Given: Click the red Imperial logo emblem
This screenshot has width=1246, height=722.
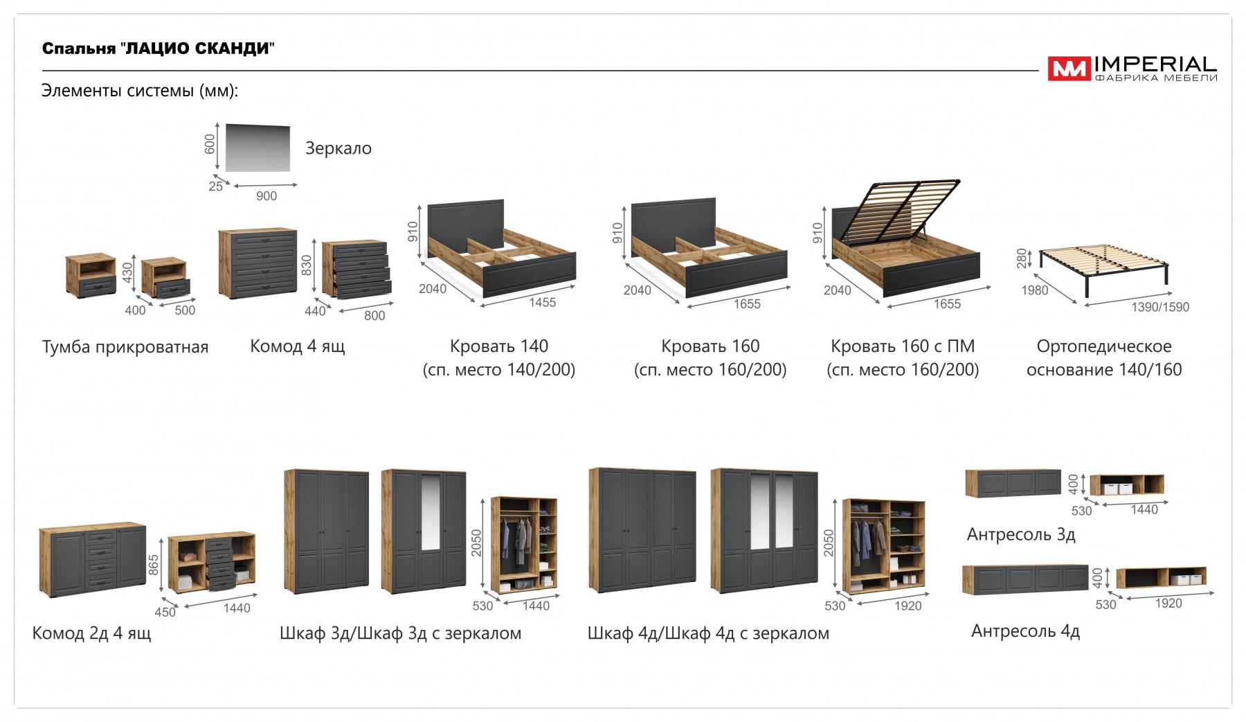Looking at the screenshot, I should click(x=1068, y=69).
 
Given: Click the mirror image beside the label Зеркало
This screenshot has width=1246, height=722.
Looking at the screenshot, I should click(x=258, y=147).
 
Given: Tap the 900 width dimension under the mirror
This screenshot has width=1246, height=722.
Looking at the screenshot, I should click(x=267, y=196).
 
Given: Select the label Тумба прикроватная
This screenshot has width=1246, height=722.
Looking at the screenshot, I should click(x=125, y=347).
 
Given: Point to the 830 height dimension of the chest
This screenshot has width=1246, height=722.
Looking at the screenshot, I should click(x=307, y=265).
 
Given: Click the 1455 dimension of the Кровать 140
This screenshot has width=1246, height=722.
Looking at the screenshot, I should click(x=542, y=302).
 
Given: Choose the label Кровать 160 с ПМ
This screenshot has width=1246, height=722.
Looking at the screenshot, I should click(x=903, y=346).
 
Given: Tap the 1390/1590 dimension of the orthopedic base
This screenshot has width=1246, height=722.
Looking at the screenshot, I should click(x=1160, y=307).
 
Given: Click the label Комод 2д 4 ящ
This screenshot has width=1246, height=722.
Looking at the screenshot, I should click(x=91, y=633).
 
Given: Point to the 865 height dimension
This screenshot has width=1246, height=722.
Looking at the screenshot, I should click(x=154, y=565).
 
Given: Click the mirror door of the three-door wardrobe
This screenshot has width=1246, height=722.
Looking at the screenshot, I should click(x=430, y=512).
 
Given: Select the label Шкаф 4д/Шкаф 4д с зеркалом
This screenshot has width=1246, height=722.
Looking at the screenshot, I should click(x=708, y=633).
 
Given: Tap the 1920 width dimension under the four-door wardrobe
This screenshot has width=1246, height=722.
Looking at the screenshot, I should click(x=908, y=606).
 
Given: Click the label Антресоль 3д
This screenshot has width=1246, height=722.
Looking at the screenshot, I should click(x=1021, y=534).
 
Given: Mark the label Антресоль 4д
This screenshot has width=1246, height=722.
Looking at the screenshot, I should click(x=1025, y=631).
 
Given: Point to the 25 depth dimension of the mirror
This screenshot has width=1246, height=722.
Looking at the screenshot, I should click(x=216, y=186).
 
